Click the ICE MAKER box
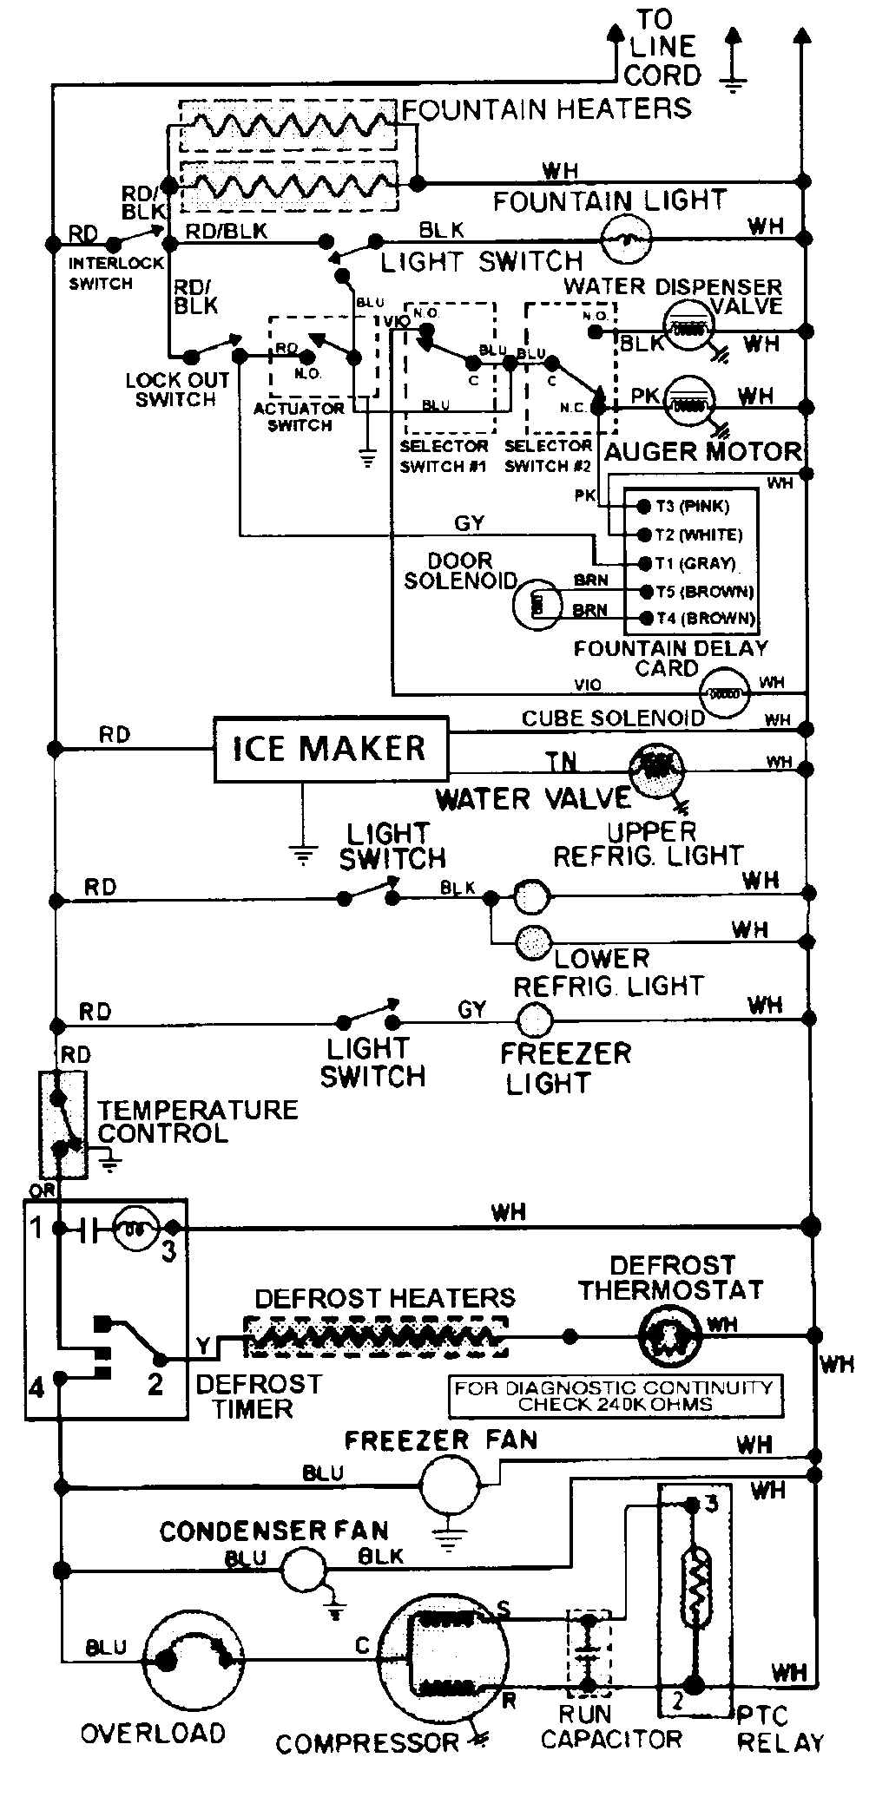(x=331, y=749)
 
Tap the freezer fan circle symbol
(x=450, y=1485)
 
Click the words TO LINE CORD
(x=666, y=48)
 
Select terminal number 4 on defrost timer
(x=36, y=1387)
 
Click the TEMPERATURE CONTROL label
(x=197, y=1121)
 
